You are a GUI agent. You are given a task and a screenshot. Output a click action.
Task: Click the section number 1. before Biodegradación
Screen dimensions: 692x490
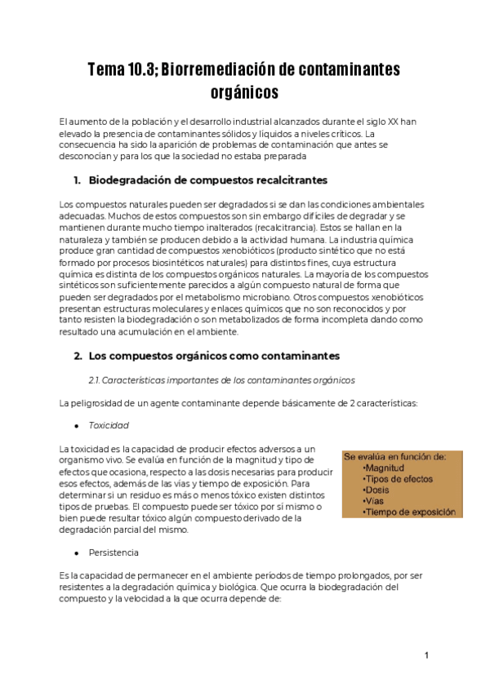point(77,180)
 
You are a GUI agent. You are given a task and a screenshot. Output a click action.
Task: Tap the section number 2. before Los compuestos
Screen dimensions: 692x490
point(78,356)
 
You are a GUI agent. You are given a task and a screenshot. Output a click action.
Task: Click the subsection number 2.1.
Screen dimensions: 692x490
point(95,380)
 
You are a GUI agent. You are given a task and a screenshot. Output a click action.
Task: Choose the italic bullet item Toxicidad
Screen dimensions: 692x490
point(109,426)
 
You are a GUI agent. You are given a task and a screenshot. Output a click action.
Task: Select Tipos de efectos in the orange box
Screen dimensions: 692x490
point(398,479)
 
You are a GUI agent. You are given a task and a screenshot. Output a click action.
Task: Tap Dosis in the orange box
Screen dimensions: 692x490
point(377,490)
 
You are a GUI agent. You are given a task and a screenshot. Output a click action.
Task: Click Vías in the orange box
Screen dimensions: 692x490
point(375,500)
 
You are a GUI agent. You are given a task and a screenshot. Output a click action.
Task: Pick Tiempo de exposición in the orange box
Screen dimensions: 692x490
point(408,512)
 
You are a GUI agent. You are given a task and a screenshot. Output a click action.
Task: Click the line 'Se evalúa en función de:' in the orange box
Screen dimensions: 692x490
point(395,457)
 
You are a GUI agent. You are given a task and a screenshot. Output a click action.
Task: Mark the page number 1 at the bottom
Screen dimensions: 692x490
point(426,655)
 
